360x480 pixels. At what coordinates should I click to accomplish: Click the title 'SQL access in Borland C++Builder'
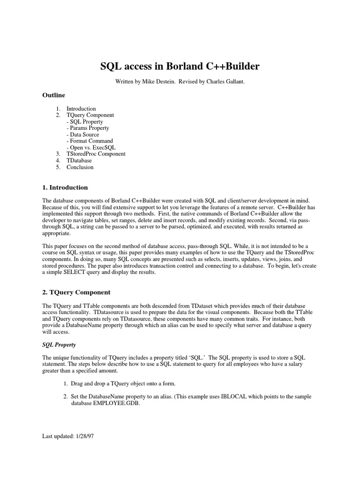pos(180,67)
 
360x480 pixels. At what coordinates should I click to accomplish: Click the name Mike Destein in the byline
pos(158,81)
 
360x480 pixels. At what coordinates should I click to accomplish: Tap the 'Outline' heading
pos(54,95)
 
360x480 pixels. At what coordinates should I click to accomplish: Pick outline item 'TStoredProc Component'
pos(96,154)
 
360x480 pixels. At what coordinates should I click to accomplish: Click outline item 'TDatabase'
pos(79,160)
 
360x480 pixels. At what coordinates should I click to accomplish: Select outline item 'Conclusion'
pos(80,167)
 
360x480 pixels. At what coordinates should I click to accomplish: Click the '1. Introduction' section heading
pos(65,187)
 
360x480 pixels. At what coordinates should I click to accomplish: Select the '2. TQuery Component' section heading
pos(76,292)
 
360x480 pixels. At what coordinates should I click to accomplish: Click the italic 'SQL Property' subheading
pos(60,345)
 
